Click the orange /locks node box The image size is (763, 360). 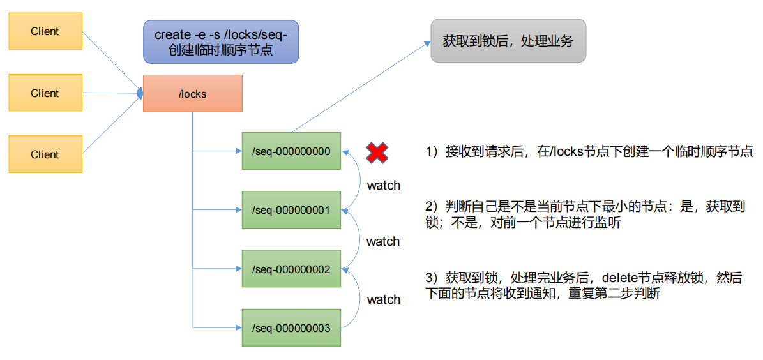[x=193, y=93]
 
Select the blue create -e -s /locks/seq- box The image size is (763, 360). [x=221, y=42]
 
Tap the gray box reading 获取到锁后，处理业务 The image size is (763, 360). [x=508, y=41]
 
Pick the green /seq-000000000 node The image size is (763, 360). [x=292, y=151]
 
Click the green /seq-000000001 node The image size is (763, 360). [x=292, y=210]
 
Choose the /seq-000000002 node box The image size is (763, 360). [x=292, y=269]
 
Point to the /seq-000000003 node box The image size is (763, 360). [x=292, y=328]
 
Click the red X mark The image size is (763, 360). [x=377, y=153]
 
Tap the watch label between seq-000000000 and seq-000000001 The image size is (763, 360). [x=384, y=185]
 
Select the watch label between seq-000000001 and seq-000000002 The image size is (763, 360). [x=383, y=241]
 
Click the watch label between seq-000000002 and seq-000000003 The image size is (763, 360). [x=384, y=299]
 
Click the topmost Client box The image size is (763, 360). [x=45, y=32]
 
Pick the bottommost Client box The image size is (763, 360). [x=45, y=154]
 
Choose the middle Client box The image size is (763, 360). [x=45, y=93]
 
